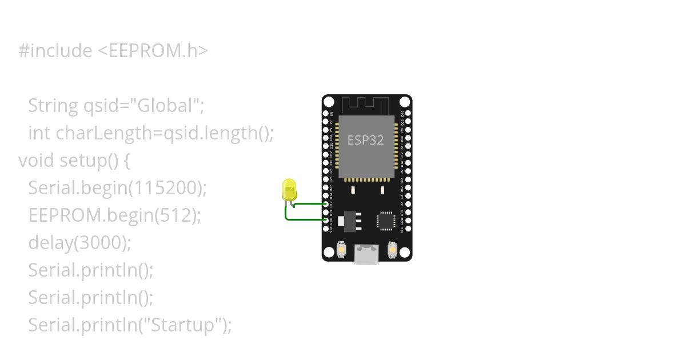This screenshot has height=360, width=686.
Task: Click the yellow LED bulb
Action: pos(289,188)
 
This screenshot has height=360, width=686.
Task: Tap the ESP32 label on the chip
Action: pos(366,140)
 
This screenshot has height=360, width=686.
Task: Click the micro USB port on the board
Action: pos(366,254)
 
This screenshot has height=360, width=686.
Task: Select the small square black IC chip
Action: pos(386,221)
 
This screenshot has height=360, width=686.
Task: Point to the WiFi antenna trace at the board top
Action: pos(366,105)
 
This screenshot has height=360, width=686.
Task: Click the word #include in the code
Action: pos(55,51)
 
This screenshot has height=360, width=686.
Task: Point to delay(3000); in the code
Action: pos(79,243)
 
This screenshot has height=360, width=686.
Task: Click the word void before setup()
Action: pos(37,161)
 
